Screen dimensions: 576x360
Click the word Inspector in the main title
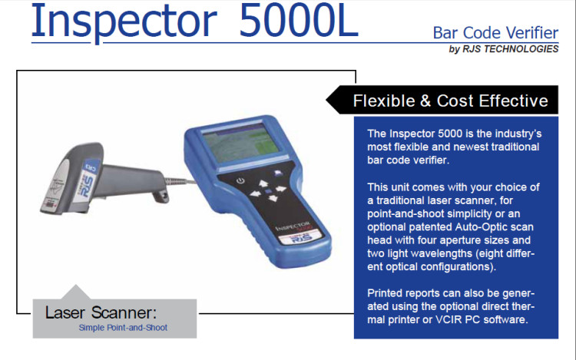tap(124, 23)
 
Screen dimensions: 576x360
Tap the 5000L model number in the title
tap(299, 21)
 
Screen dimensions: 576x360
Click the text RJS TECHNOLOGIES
tap(510, 49)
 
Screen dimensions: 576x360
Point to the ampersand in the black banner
tap(425, 101)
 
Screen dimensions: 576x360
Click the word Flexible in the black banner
tap(384, 101)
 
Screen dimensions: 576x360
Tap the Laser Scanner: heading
tap(101, 312)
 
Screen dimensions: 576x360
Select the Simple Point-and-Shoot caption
tap(123, 328)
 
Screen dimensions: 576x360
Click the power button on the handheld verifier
tap(240, 181)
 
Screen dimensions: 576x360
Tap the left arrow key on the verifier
tap(255, 194)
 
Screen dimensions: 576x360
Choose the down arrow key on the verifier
tap(273, 199)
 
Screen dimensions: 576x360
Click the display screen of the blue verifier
tap(240, 142)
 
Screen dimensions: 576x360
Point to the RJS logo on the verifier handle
tap(301, 237)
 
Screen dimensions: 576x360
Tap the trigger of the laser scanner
tap(161, 195)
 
